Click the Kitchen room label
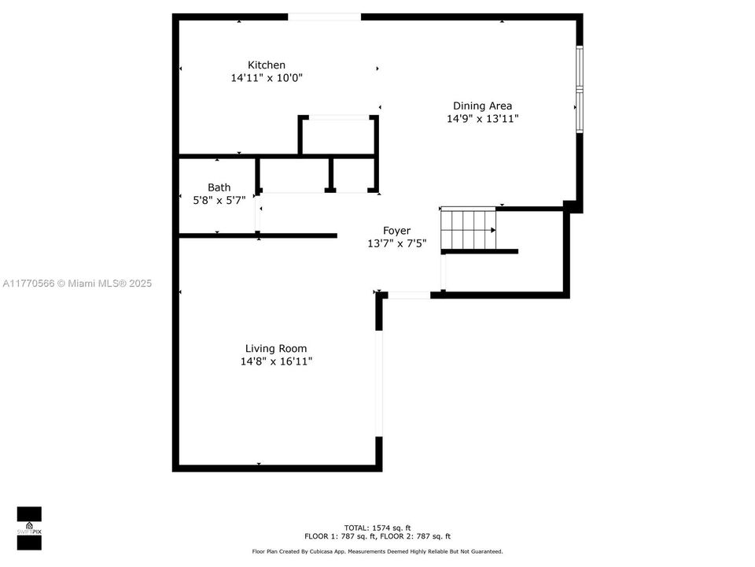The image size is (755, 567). [x=267, y=65]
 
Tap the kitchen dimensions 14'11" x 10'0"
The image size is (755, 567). [x=267, y=78]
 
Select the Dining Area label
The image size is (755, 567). [x=482, y=106]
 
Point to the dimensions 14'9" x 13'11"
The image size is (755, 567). [x=482, y=119]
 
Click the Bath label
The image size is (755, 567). [x=219, y=187]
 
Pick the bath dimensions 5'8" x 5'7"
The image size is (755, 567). [x=219, y=200]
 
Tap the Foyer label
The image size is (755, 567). [x=396, y=231]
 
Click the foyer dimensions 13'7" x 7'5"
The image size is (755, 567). [x=396, y=243]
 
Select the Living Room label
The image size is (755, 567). [x=276, y=348]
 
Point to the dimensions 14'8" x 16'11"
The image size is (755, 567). [x=276, y=361]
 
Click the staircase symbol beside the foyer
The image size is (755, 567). [x=468, y=229]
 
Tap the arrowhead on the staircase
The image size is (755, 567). [x=493, y=230]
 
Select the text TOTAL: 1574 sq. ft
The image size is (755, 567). [x=377, y=528]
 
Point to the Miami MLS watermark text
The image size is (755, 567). [x=77, y=283]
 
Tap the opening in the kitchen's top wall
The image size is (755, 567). [x=324, y=17]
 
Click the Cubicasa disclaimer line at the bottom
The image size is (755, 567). [x=377, y=551]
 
